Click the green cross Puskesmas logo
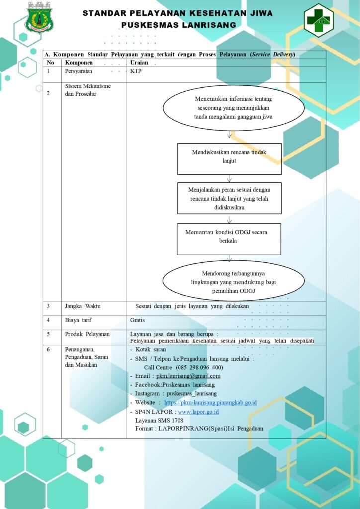click(x=318, y=20)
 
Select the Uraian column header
click(x=139, y=63)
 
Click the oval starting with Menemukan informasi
click(x=233, y=108)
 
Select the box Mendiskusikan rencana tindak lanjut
click(x=229, y=159)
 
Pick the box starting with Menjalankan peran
click(x=229, y=198)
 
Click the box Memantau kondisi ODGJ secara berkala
click(x=229, y=239)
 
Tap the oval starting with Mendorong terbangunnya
click(x=233, y=281)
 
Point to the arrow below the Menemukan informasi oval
click(x=229, y=135)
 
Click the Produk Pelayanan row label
click(x=88, y=334)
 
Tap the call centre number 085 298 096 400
click(x=199, y=368)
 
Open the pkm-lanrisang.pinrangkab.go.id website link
click(x=210, y=403)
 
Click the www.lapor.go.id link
click(x=198, y=412)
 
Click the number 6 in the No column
click(x=48, y=350)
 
